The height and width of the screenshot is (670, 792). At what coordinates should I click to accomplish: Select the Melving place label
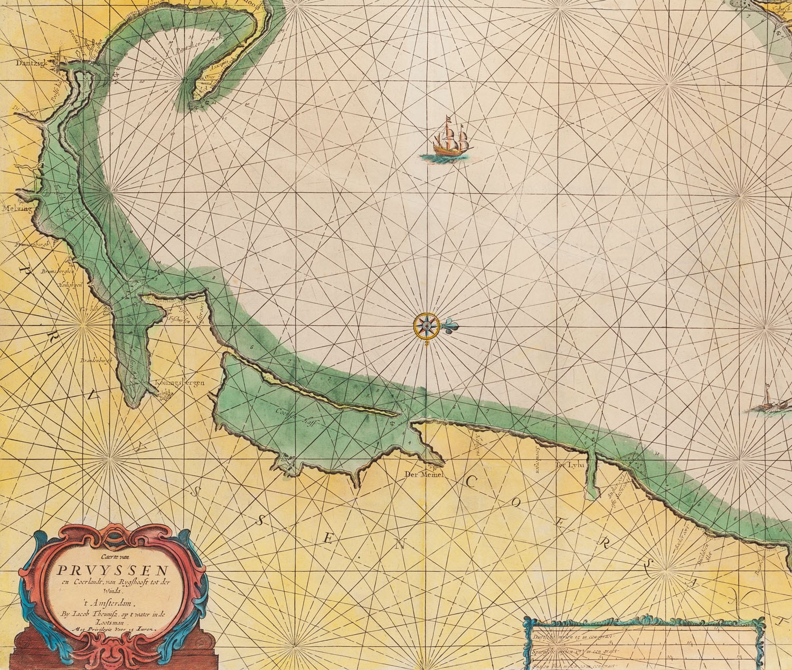click(16, 209)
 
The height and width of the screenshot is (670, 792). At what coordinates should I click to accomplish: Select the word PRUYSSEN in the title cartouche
click(112, 571)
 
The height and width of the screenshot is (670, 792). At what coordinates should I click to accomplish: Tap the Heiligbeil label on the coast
click(69, 285)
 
